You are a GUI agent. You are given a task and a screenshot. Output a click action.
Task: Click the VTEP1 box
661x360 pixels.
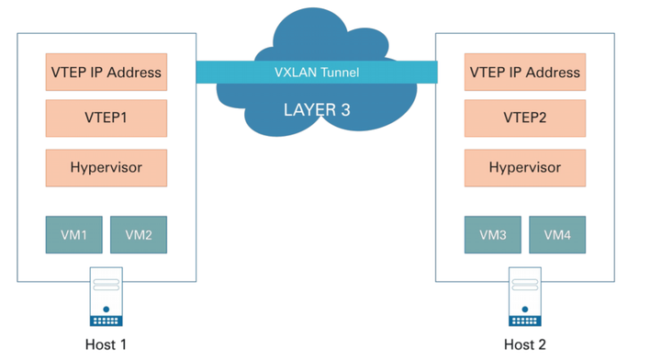click(x=106, y=119)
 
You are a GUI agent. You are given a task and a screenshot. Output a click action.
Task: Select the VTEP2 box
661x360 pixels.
click(x=524, y=119)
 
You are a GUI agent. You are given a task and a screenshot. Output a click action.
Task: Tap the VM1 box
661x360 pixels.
click(x=74, y=235)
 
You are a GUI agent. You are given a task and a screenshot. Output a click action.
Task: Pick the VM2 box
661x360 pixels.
click(x=138, y=235)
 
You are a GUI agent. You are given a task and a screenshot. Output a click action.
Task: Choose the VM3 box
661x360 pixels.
click(x=492, y=235)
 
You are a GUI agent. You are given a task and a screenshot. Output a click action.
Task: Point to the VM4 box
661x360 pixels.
click(x=556, y=235)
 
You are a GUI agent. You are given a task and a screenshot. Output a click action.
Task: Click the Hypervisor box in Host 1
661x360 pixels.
click(x=106, y=168)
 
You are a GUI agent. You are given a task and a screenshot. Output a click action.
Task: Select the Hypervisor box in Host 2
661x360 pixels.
click(x=524, y=168)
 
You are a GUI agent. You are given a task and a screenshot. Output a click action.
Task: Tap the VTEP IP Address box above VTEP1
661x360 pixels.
click(x=106, y=72)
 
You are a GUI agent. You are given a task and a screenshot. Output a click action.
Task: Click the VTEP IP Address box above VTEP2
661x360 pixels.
click(x=524, y=72)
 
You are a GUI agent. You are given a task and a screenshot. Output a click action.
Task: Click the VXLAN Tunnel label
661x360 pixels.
click(x=317, y=73)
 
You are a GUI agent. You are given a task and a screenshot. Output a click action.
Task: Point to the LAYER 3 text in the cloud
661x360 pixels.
click(x=317, y=110)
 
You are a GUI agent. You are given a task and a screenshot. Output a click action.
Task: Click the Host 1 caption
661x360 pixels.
click(x=106, y=345)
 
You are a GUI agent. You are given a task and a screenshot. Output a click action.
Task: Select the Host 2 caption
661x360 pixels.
click(x=524, y=345)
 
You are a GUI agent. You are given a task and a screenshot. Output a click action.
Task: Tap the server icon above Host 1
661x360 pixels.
click(x=106, y=297)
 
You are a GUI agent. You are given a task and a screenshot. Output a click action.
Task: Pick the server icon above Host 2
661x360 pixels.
click(x=524, y=297)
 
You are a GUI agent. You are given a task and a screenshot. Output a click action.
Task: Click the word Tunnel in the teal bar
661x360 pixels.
click(x=339, y=73)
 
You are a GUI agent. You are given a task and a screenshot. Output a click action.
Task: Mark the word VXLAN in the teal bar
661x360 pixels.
click(x=296, y=73)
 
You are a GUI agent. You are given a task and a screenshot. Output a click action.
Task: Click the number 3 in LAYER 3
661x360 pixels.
click(x=345, y=110)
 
